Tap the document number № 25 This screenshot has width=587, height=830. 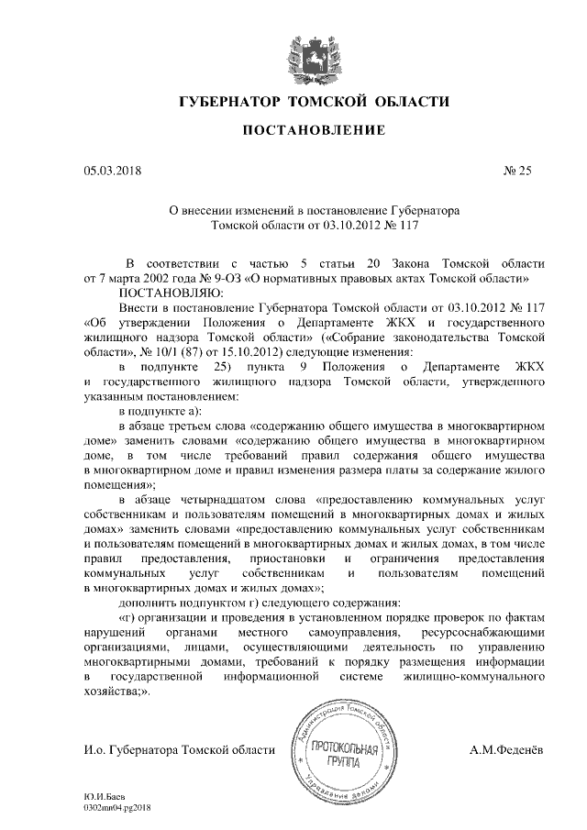(516, 170)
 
